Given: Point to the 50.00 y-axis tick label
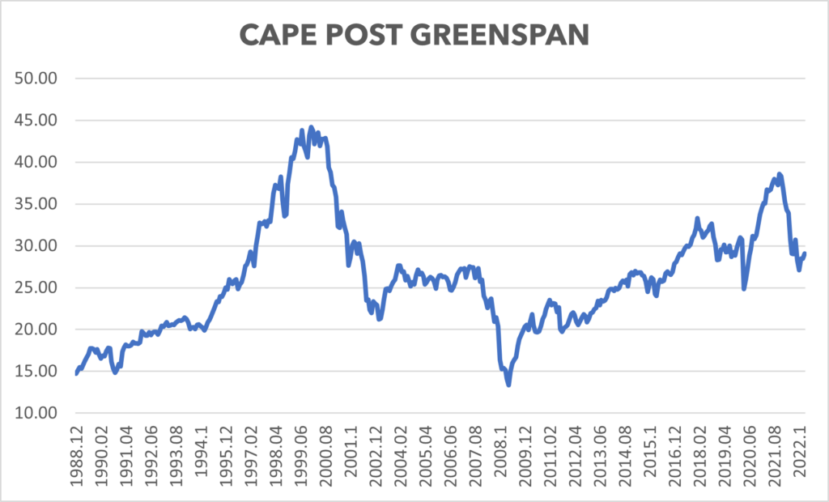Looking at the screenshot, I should [40, 79].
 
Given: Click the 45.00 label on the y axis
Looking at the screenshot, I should [40, 121].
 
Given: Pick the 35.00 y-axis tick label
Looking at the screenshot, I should [40, 204].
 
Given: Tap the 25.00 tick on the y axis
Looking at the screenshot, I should [40, 287].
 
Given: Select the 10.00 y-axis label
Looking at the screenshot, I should [40, 413].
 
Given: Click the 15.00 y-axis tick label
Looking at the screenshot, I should [40, 372].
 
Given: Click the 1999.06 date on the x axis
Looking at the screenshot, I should [300, 457].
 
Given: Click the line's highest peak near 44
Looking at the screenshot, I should [311, 127].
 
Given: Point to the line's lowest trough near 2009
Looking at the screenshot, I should [508, 385].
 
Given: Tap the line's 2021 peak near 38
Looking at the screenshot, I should [779, 174].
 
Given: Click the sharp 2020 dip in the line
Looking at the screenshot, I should [744, 288].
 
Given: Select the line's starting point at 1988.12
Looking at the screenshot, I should [76, 373].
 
